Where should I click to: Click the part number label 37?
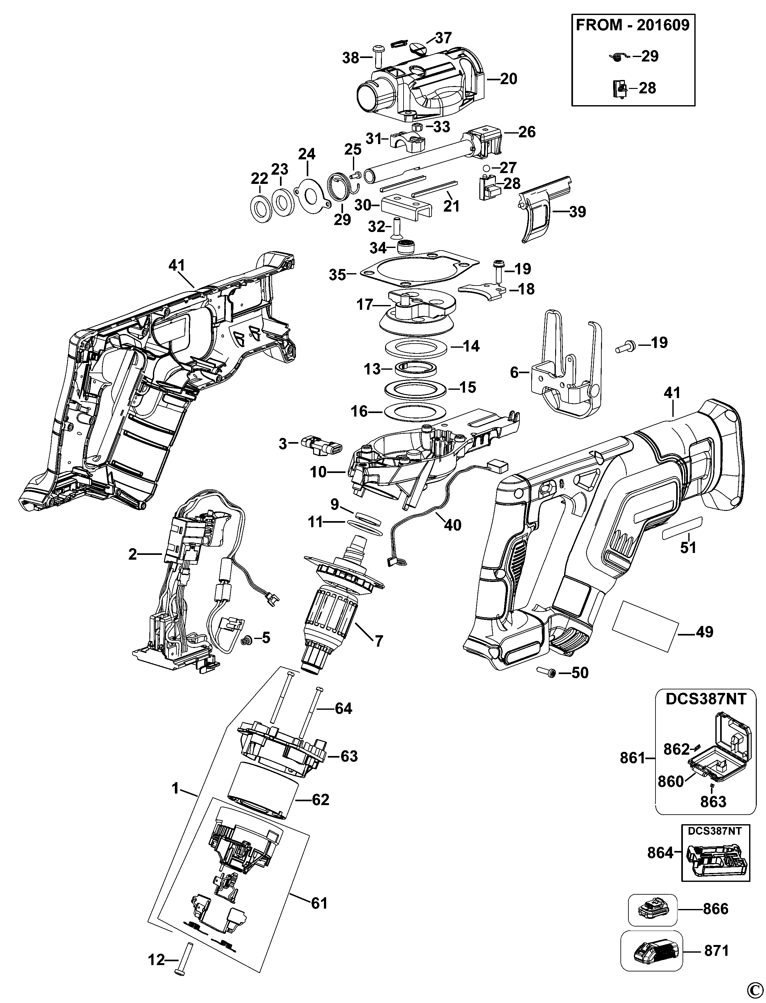coord(443,38)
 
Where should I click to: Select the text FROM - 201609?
coord(633,25)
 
